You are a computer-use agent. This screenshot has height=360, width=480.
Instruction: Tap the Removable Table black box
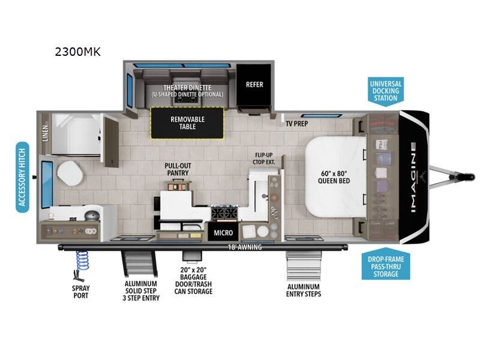[187, 123]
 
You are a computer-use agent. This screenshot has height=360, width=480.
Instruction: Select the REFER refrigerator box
[254, 85]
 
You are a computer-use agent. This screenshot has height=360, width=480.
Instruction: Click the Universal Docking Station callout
[386, 90]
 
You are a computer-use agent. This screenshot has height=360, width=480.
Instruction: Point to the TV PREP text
[296, 123]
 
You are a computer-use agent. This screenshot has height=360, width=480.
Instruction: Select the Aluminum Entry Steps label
[304, 290]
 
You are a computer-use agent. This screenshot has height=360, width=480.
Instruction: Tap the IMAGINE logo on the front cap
[413, 177]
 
